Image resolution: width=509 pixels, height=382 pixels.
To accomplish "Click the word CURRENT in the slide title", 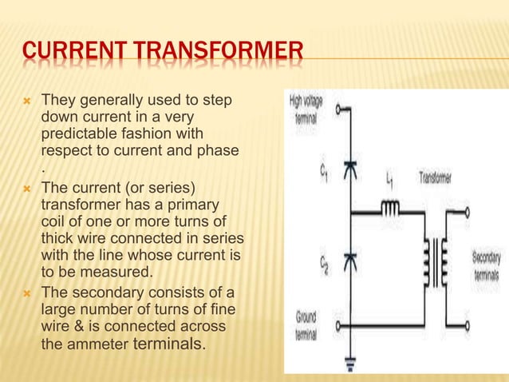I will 67,58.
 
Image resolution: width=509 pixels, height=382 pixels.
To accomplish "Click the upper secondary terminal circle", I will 467,213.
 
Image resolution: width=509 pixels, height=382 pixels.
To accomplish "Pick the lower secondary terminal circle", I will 467,327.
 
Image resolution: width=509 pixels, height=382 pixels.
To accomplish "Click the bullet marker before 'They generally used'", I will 27,103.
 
